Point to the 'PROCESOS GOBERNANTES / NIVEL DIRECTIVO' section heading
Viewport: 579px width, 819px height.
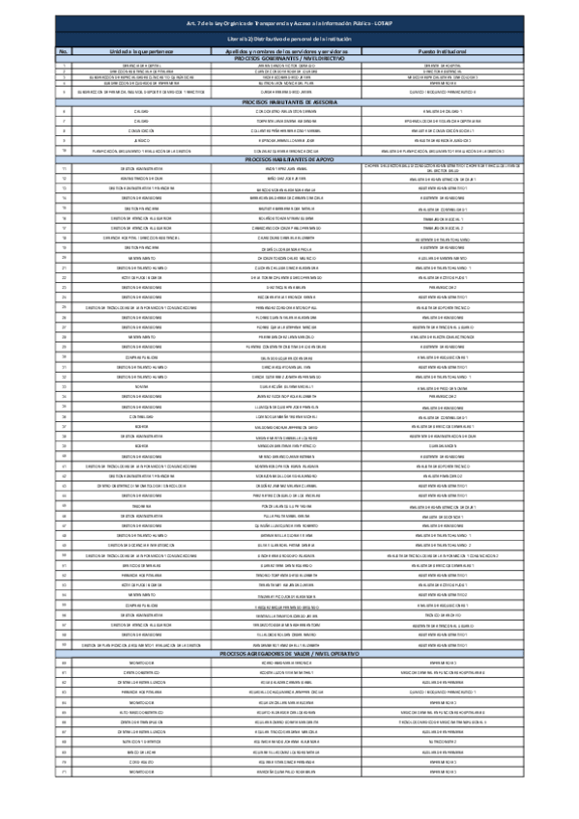pos(289,59)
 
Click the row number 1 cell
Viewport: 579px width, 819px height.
pos(63,66)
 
